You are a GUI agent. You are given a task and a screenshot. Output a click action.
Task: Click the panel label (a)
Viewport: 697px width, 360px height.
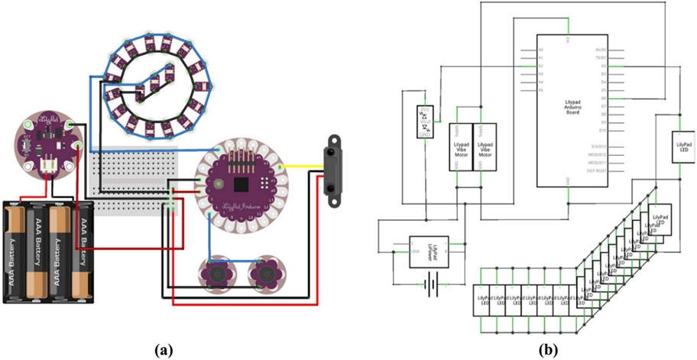click(x=163, y=350)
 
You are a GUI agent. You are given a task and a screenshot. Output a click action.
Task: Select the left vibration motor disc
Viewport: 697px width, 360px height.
click(x=216, y=271)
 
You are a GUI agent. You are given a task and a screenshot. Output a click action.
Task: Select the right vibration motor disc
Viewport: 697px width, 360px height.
click(x=265, y=271)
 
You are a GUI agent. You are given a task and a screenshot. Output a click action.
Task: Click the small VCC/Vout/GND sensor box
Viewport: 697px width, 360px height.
click(x=425, y=122)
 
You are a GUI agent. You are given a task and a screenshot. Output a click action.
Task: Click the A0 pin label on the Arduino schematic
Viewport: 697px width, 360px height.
click(x=541, y=50)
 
